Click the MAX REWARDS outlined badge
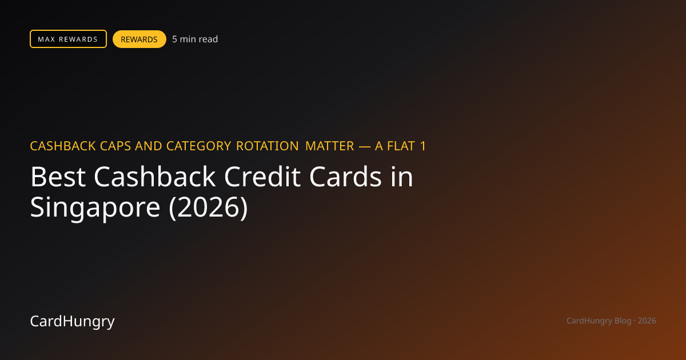[x=68, y=39]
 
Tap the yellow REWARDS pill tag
[x=139, y=39]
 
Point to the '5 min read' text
[x=195, y=39]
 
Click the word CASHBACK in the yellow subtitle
[x=63, y=146]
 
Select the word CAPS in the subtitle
[x=115, y=146]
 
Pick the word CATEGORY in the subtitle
[x=199, y=146]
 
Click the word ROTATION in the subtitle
[x=268, y=146]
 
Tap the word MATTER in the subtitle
[x=330, y=146]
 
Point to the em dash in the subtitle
[x=365, y=147]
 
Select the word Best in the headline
[x=58, y=177]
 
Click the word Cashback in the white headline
[x=155, y=177]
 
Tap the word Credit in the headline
[x=262, y=177]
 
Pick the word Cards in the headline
[x=345, y=177]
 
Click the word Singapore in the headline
[x=95, y=208]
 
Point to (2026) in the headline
[x=208, y=208]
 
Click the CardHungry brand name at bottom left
[x=72, y=321]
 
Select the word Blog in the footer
[x=623, y=321]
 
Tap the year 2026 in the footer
[x=647, y=321]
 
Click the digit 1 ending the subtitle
[x=423, y=146]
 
